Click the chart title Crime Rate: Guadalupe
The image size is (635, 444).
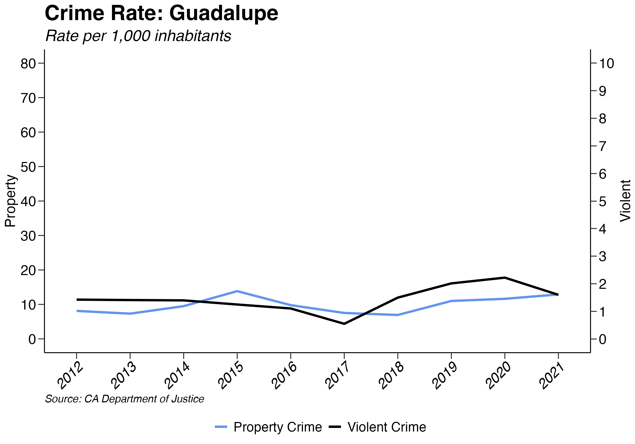(161, 13)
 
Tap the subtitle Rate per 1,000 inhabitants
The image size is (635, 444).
(138, 36)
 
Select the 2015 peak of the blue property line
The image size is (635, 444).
(237, 291)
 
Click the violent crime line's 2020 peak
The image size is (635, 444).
(505, 277)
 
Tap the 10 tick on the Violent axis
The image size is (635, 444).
(606, 64)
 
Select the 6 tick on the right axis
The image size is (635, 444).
(603, 174)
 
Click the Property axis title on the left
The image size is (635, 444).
(11, 201)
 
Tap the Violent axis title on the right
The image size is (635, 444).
(625, 201)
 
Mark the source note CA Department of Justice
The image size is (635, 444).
(124, 399)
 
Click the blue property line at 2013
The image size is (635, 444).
(130, 314)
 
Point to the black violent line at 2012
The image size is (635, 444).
(77, 300)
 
